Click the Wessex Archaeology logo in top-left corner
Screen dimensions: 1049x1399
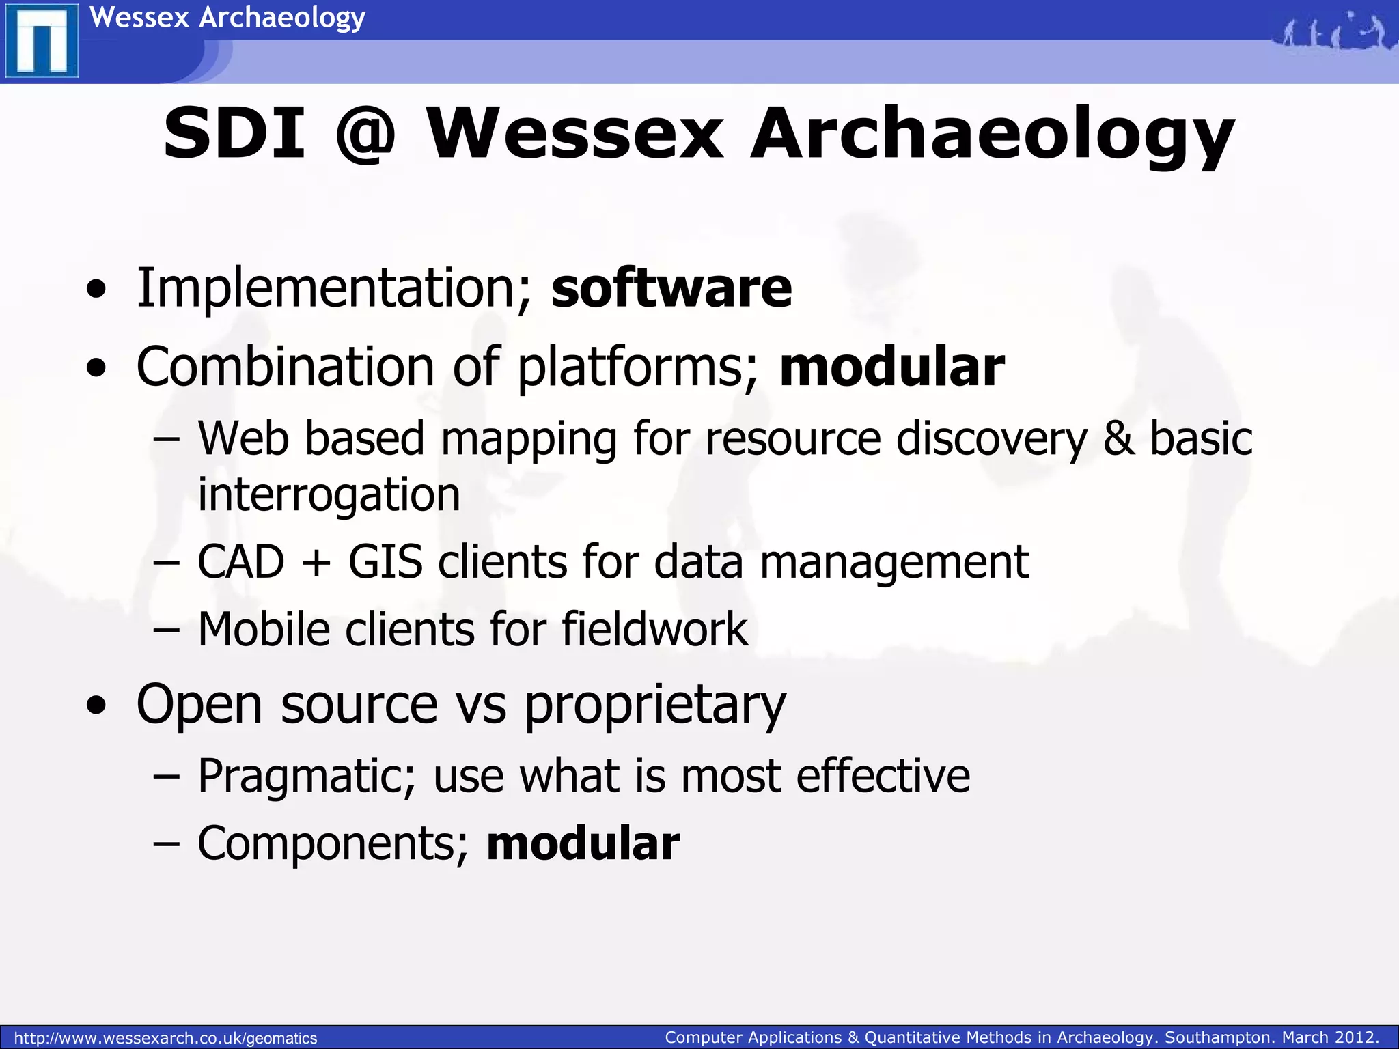pos(41,40)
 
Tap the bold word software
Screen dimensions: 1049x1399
pos(671,288)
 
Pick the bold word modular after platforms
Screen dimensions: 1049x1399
pos(891,367)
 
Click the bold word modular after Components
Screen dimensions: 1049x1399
pos(583,843)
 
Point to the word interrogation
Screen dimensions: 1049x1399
pos(329,494)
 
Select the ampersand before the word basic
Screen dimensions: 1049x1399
pos(1118,438)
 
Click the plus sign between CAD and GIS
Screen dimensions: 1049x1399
pos(316,563)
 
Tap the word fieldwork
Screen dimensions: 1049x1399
pos(654,629)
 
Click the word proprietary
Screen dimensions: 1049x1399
pos(655,706)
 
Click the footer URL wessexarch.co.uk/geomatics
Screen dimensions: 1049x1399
pos(165,1038)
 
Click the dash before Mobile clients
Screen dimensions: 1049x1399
pos(166,630)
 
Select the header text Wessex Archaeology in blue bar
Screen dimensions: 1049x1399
pos(227,17)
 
